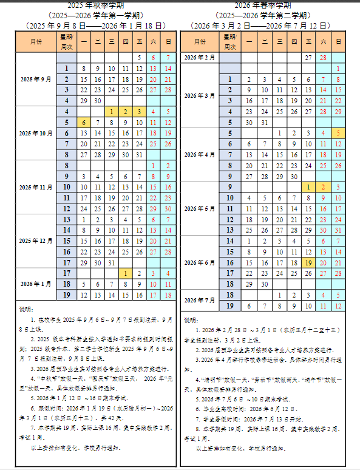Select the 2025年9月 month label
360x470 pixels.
click(36, 79)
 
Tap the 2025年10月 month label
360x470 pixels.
click(36, 133)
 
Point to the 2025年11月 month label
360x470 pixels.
click(36, 187)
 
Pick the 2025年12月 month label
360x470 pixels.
click(36, 240)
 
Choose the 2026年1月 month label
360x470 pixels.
click(36, 284)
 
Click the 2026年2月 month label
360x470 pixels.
click(200, 57)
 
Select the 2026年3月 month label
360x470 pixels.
click(200, 95)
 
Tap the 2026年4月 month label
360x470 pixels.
click(200, 154)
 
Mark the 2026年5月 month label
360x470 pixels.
click(200, 208)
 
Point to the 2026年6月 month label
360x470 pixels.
click(200, 262)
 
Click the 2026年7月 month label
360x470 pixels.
click(200, 300)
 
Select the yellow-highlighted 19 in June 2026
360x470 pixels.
click(309, 262)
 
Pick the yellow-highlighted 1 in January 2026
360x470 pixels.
click(125, 273)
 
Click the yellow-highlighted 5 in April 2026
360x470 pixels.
click(338, 133)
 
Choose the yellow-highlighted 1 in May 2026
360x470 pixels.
click(309, 187)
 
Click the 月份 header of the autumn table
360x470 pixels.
click(36, 41)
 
